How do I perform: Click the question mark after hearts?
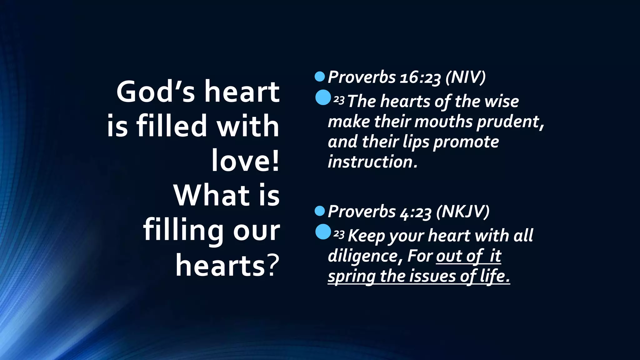(273, 266)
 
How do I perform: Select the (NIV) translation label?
(466, 77)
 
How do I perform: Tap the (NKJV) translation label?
(462, 212)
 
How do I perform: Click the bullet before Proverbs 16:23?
(320, 77)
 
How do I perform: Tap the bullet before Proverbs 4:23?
(320, 211)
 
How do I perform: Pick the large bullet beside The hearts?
(323, 97)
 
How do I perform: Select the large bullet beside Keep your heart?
(323, 232)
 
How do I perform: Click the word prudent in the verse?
(509, 122)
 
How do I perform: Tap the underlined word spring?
(351, 277)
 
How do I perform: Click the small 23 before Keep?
(339, 234)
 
